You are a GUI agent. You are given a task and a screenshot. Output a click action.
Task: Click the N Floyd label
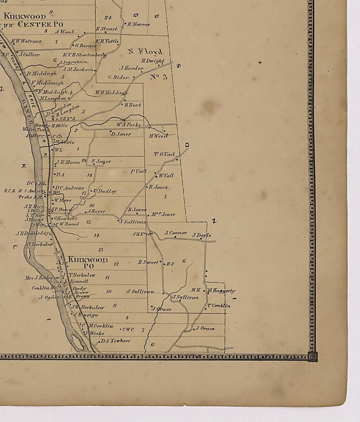tap(145, 52)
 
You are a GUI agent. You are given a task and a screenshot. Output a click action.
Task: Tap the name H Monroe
tap(138, 25)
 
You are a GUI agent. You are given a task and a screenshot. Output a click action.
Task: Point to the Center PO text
tap(40, 24)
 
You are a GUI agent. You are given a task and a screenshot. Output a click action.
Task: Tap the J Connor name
tap(176, 233)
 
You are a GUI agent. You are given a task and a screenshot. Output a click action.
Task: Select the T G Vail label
tap(164, 154)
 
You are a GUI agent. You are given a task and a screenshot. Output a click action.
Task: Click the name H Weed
tap(158, 136)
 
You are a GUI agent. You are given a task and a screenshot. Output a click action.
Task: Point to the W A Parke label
tap(129, 125)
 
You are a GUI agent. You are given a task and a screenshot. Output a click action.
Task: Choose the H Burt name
tap(133, 105)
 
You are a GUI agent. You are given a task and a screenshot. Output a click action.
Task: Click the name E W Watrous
tap(26, 41)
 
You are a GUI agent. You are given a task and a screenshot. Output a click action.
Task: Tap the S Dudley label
tap(104, 191)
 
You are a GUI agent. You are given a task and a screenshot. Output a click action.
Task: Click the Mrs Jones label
tap(163, 214)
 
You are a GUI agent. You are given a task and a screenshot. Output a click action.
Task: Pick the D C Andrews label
tap(69, 188)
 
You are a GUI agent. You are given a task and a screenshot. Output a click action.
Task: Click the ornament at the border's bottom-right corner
tap(312, 357)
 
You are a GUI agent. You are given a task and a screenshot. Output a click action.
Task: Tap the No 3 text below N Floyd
tap(159, 77)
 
